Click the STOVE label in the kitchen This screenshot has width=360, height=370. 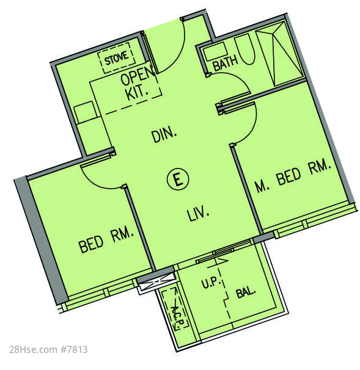pos(117,58)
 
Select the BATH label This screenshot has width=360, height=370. pos(225,62)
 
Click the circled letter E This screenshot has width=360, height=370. pos(178,179)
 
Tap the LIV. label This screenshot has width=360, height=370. pos(198,214)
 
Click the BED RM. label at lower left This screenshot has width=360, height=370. pos(106,239)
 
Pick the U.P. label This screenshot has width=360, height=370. pos(211,283)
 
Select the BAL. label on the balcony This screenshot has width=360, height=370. pos(246,292)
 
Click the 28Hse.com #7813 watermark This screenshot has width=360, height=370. pos(48,349)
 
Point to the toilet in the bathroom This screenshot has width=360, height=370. pos(246,49)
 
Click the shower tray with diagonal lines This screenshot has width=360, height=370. pos(279,54)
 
